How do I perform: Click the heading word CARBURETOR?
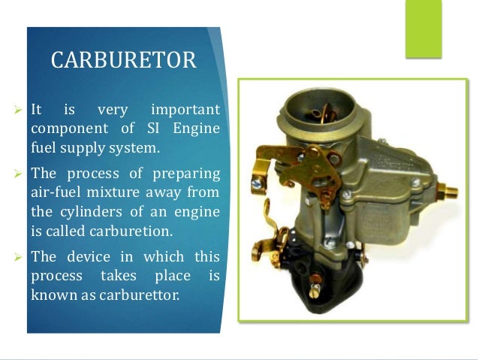point(124,60)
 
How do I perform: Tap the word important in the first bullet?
point(185,110)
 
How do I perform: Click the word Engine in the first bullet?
point(197,129)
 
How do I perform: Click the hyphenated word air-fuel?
point(56,193)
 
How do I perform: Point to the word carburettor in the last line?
point(143,295)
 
